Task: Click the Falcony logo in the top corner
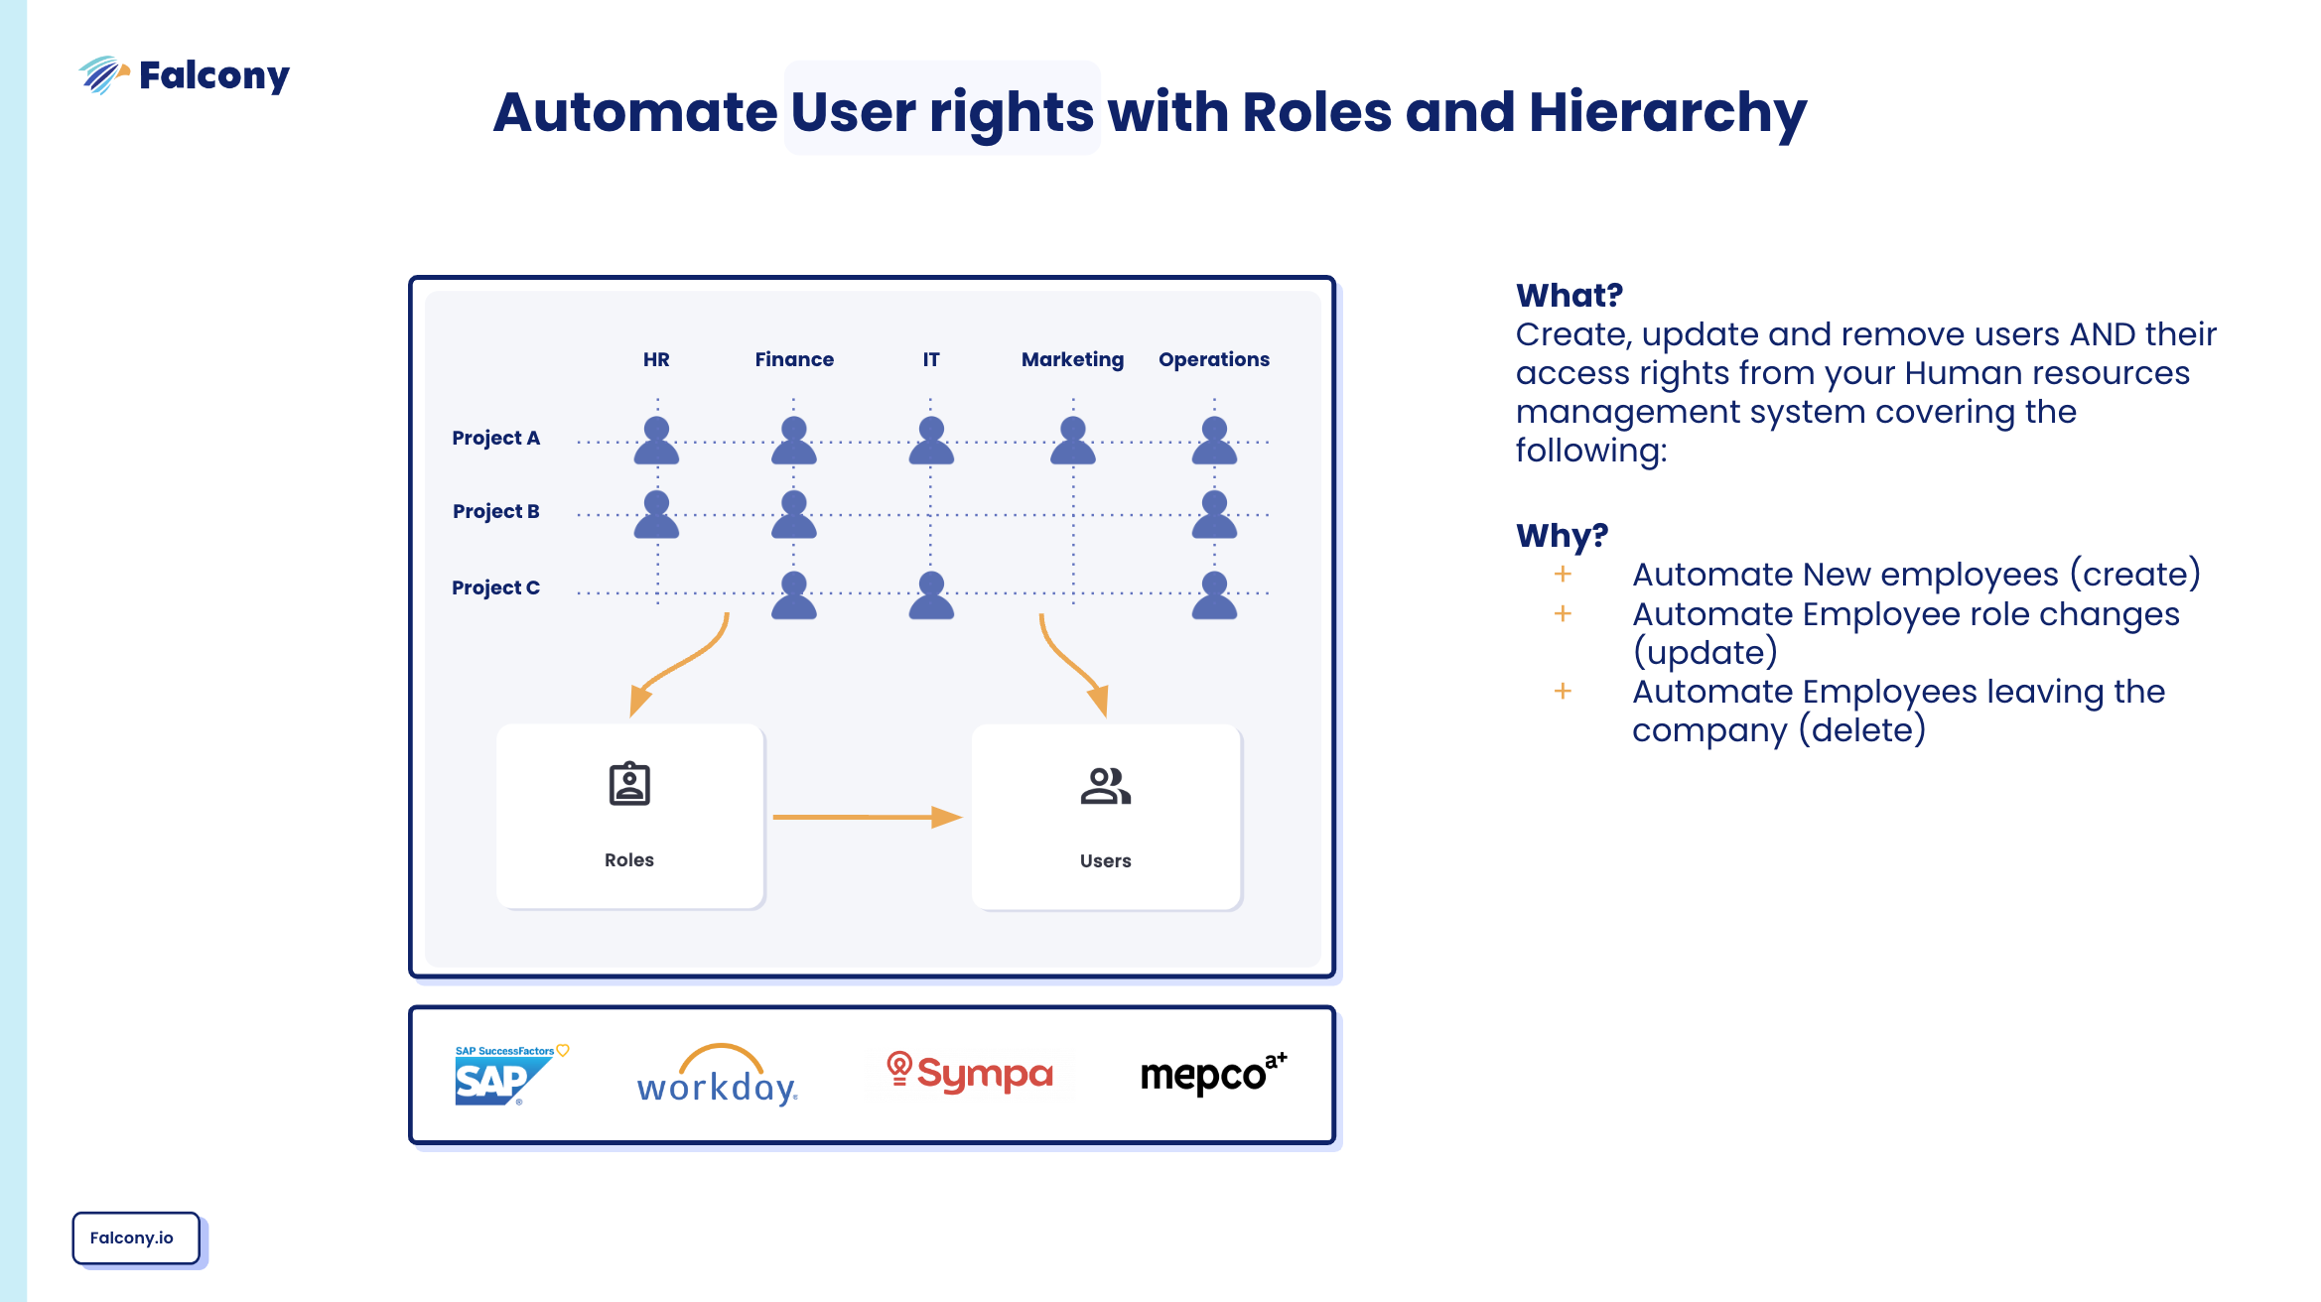pos(185,75)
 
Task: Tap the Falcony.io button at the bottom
pos(135,1237)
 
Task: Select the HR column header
pos(656,359)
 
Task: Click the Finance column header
pos(794,359)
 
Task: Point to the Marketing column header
pos(1072,359)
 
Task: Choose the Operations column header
pos(1213,359)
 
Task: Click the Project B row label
pos(495,511)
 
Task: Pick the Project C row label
pos(495,587)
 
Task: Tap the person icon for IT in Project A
pos(931,442)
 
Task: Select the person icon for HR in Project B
pos(656,515)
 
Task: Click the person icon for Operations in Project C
pos(1214,595)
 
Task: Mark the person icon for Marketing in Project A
pos(1073,442)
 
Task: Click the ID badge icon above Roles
pos(629,784)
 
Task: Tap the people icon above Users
pos(1105,786)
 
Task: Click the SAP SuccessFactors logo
pos(506,1076)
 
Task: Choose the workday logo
pos(718,1076)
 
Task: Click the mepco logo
pos(1212,1074)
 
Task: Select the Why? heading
pos(1562,536)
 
